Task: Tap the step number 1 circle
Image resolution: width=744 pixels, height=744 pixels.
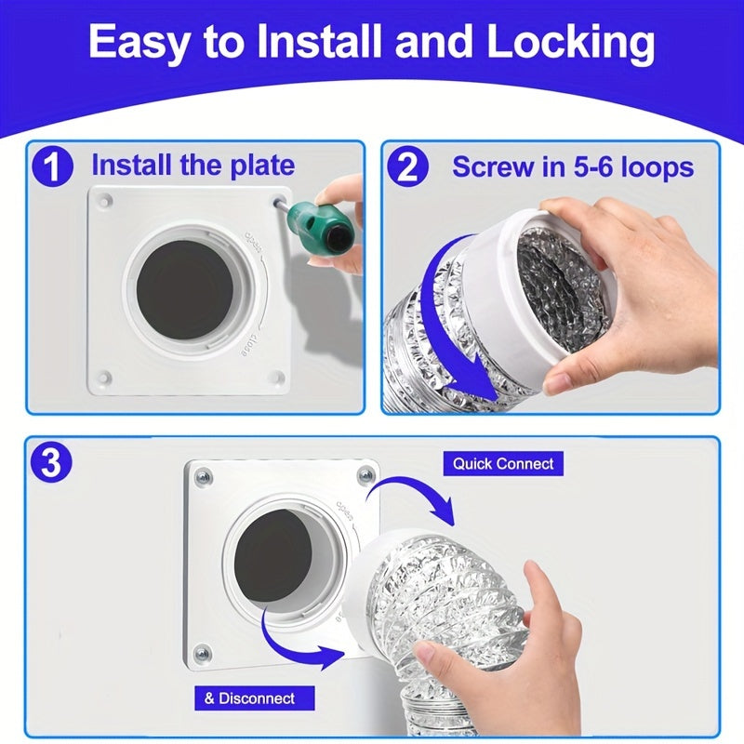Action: pyautogui.click(x=55, y=167)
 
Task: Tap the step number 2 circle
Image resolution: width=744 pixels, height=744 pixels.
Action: pyautogui.click(x=410, y=167)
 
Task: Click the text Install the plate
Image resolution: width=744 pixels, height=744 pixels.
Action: pyautogui.click(x=193, y=166)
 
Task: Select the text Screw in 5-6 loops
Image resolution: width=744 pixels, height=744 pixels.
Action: pyautogui.click(x=573, y=167)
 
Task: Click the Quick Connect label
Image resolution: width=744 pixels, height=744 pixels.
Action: pyautogui.click(x=503, y=463)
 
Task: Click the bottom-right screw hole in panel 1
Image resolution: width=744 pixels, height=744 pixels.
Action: pyautogui.click(x=276, y=377)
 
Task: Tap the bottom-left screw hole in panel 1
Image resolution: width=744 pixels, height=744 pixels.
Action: pyautogui.click(x=104, y=378)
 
